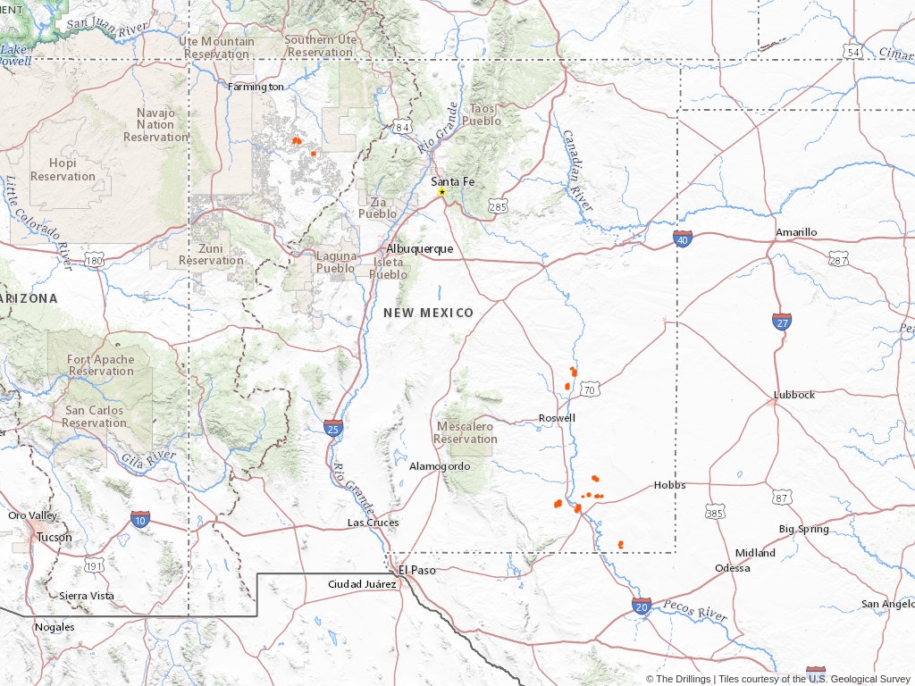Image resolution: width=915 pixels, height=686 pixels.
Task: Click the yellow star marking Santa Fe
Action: [x=441, y=192]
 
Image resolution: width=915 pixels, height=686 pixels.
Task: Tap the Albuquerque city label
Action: [x=419, y=248]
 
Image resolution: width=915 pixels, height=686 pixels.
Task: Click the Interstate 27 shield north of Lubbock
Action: [x=782, y=322]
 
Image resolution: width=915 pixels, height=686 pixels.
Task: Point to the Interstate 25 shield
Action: [x=333, y=428]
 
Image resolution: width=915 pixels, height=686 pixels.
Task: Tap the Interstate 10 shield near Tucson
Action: [x=139, y=520]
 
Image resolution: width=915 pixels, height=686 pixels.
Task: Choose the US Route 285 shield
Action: [x=498, y=207]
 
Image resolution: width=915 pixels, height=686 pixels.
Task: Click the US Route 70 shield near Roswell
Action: [x=588, y=389]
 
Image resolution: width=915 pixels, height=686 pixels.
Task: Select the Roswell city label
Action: [x=557, y=418]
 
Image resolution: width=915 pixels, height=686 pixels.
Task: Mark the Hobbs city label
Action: [x=669, y=485]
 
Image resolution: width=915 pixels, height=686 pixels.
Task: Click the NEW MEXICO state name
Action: [x=428, y=313]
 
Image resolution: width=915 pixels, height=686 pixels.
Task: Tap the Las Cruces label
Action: [x=374, y=523]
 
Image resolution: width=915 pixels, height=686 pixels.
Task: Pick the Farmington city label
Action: [x=256, y=87]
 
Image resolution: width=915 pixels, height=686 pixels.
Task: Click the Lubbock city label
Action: [x=794, y=395]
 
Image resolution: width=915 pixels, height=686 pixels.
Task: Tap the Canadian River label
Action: [x=577, y=170]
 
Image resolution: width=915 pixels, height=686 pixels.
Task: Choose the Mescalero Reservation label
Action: [x=466, y=432]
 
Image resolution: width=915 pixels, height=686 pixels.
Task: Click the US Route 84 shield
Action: [x=403, y=128]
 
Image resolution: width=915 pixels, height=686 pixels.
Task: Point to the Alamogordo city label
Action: [x=440, y=466]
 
